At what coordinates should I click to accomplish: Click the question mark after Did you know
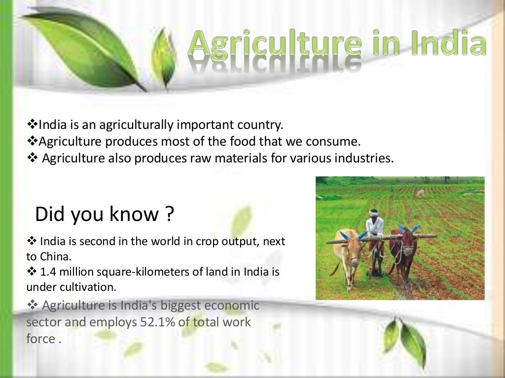(169, 215)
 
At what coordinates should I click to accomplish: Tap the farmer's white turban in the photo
(374, 213)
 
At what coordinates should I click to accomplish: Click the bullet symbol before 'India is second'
(31, 242)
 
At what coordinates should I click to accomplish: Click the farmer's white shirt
(375, 227)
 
